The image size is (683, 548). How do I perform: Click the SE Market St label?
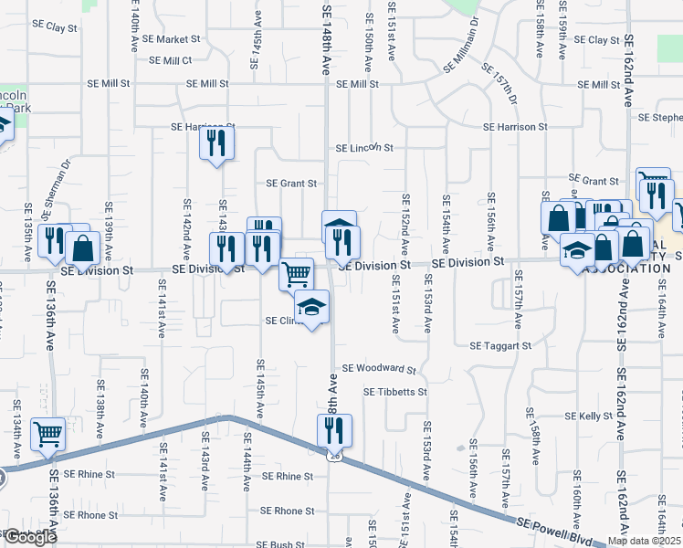(x=171, y=39)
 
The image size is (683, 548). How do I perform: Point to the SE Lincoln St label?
(x=363, y=147)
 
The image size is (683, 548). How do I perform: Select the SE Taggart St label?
(x=500, y=346)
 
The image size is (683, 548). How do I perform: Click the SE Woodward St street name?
(x=379, y=370)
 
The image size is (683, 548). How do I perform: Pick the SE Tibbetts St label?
(x=394, y=392)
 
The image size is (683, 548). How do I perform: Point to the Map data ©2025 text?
(x=644, y=541)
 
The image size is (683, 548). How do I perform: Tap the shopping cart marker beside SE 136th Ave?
(x=47, y=434)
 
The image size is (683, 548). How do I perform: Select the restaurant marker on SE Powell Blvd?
(x=335, y=429)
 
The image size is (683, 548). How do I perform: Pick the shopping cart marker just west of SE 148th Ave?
(x=296, y=273)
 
